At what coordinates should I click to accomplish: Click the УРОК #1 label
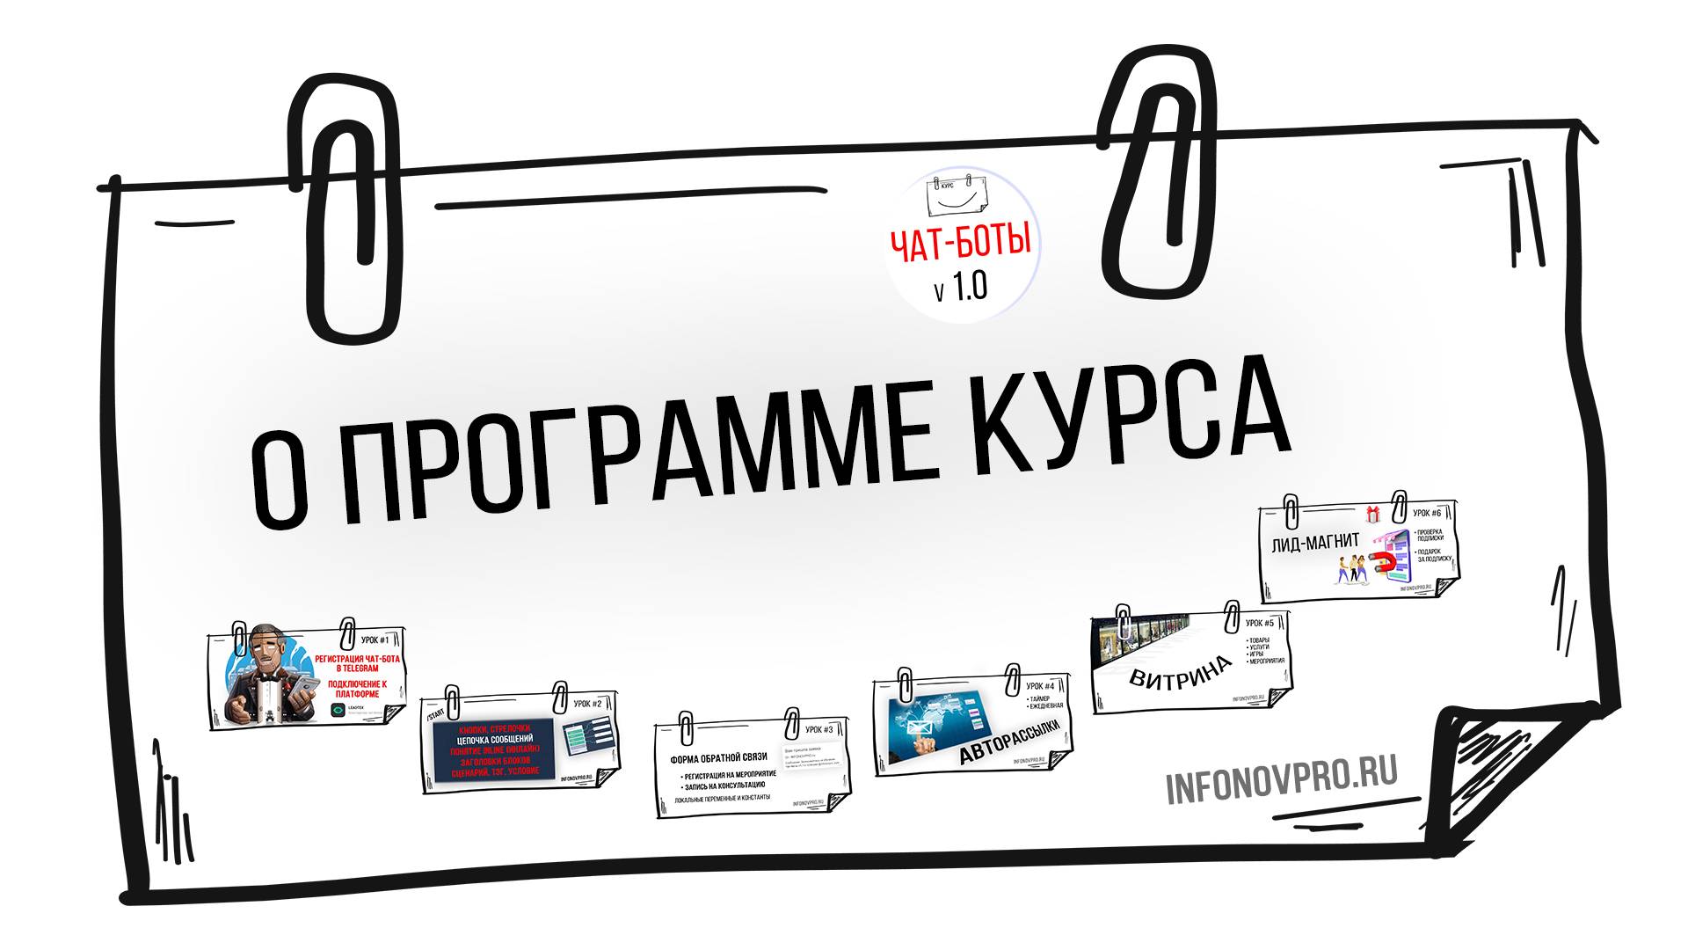pyautogui.click(x=375, y=640)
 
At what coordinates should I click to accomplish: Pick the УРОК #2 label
pyautogui.click(x=587, y=704)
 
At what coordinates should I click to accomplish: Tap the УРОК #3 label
pyautogui.click(x=819, y=729)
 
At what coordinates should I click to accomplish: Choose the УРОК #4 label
pyautogui.click(x=1040, y=686)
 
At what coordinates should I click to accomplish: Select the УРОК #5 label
pyautogui.click(x=1260, y=623)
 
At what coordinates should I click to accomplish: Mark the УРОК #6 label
pyautogui.click(x=1426, y=513)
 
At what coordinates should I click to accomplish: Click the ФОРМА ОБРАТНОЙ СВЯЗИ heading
pyautogui.click(x=718, y=757)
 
